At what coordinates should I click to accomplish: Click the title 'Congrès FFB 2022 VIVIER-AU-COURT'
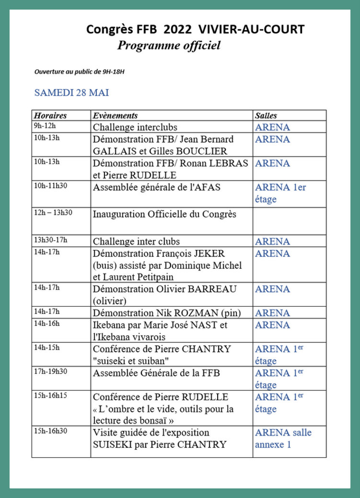195,30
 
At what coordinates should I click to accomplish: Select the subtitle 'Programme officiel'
169,46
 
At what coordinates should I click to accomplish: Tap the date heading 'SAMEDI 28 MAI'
71,93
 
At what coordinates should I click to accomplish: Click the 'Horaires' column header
50,116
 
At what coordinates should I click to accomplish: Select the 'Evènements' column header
116,116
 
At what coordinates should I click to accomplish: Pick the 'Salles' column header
266,116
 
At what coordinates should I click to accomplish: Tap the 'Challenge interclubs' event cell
135,127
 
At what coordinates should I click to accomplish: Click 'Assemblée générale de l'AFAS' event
157,187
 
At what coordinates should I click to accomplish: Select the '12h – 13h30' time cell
53,213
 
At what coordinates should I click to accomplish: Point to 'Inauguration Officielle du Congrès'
164,214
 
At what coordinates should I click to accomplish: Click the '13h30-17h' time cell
50,240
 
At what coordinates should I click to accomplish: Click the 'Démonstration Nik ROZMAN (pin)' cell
167,313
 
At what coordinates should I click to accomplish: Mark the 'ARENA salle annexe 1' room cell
283,439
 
